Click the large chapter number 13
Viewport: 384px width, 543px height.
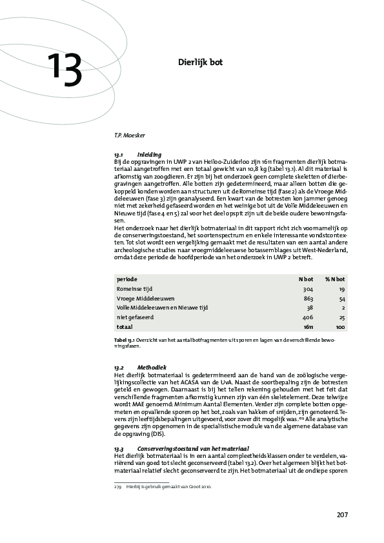64,70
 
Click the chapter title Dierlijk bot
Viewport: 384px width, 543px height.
201,63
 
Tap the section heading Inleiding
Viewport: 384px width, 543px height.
145,155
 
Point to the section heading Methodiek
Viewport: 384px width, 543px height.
148,367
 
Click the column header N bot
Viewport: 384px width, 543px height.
305,279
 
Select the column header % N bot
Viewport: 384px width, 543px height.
335,279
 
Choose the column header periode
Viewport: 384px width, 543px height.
126,279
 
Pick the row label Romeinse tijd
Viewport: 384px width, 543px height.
135,289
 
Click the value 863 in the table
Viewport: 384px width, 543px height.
307,299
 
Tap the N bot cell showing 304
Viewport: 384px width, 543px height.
307,289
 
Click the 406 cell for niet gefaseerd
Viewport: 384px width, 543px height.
307,318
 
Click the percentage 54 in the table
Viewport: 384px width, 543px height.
341,299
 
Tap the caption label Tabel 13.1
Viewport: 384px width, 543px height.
124,339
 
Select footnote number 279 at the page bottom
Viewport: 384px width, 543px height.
118,487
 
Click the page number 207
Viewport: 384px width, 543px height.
342,515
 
